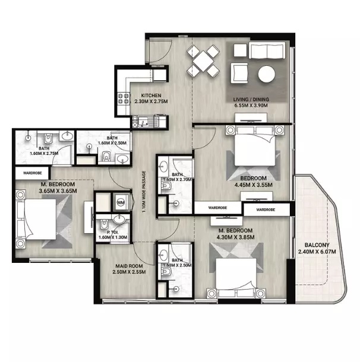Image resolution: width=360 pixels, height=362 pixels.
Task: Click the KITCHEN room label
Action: tap(150, 96)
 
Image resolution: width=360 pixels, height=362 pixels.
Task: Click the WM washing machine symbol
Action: tap(121, 202)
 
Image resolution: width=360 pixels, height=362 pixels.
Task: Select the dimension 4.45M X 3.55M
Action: tap(253, 184)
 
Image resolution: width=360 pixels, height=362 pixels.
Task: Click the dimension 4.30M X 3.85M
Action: tap(236, 237)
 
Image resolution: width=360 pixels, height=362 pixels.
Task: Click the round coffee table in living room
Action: tap(266, 73)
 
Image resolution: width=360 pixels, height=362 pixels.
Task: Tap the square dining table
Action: tap(201, 60)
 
